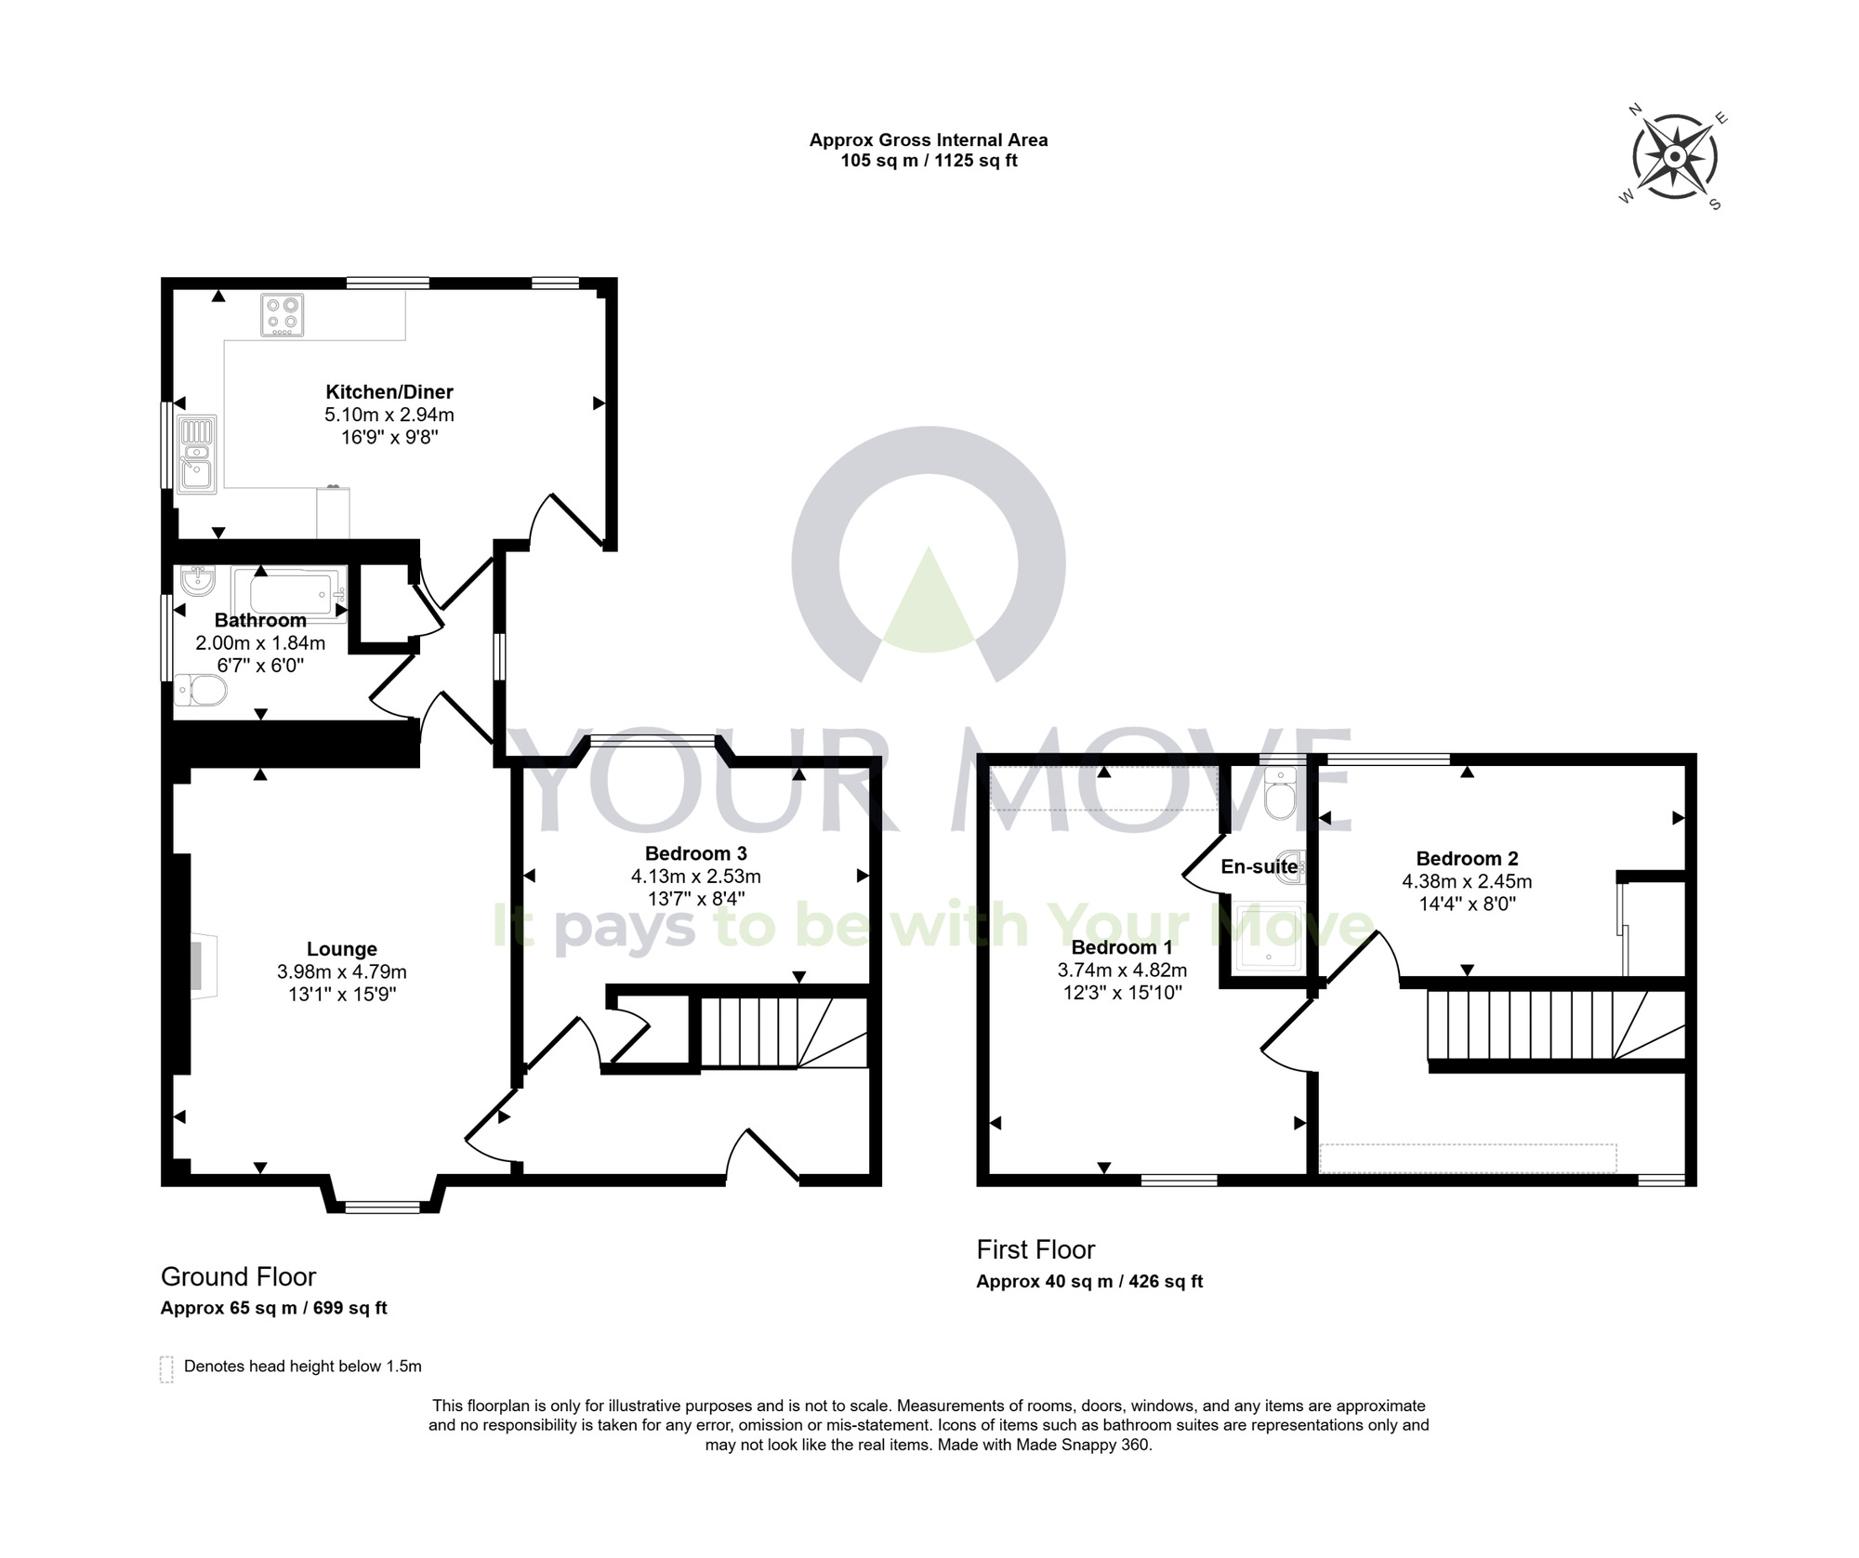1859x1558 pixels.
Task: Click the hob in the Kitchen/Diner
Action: (x=283, y=315)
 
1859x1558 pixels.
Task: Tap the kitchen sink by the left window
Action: (x=197, y=455)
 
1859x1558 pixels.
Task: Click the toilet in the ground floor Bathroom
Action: (x=201, y=691)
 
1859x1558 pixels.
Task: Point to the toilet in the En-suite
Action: (x=1280, y=796)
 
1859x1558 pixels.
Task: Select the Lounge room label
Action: (x=342, y=949)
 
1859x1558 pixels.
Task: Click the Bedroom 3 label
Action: (x=695, y=853)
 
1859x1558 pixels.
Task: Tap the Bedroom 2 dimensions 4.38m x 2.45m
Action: (x=1467, y=881)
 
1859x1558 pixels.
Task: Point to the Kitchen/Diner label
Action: (x=389, y=391)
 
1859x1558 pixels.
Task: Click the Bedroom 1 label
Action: (x=1121, y=947)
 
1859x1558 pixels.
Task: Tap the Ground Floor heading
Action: (x=238, y=1276)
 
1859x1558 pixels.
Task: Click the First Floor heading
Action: (x=1035, y=1249)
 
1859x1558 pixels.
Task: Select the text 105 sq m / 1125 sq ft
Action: (x=928, y=161)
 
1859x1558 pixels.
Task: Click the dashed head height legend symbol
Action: (x=166, y=1369)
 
